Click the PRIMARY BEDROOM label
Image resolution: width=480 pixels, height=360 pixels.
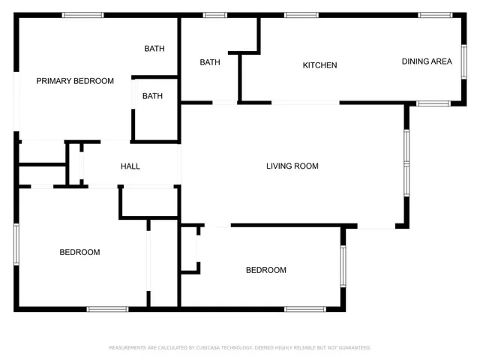click(75, 81)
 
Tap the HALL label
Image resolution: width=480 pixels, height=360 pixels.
click(130, 166)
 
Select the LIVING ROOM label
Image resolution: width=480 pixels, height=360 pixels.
click(292, 166)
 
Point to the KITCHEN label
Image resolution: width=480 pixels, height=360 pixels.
click(319, 65)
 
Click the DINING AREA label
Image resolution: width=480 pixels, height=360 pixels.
click(427, 61)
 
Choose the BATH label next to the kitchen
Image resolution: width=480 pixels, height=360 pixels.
click(210, 62)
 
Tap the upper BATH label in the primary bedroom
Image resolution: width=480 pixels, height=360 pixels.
click(154, 49)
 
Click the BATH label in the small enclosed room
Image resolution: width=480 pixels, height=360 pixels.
click(153, 96)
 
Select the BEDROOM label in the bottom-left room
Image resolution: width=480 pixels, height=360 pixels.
click(79, 252)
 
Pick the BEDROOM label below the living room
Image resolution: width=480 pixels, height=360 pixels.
click(266, 270)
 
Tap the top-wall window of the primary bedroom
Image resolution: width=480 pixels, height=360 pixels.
click(82, 15)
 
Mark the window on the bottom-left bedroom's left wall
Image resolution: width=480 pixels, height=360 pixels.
click(16, 241)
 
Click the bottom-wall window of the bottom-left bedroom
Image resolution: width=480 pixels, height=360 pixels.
click(107, 308)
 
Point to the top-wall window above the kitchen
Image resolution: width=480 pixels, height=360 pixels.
click(301, 15)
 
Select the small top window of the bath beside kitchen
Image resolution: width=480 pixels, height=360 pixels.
click(215, 15)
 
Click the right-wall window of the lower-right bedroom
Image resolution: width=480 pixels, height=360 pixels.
click(343, 266)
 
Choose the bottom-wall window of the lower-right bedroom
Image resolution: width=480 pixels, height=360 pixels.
click(304, 308)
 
